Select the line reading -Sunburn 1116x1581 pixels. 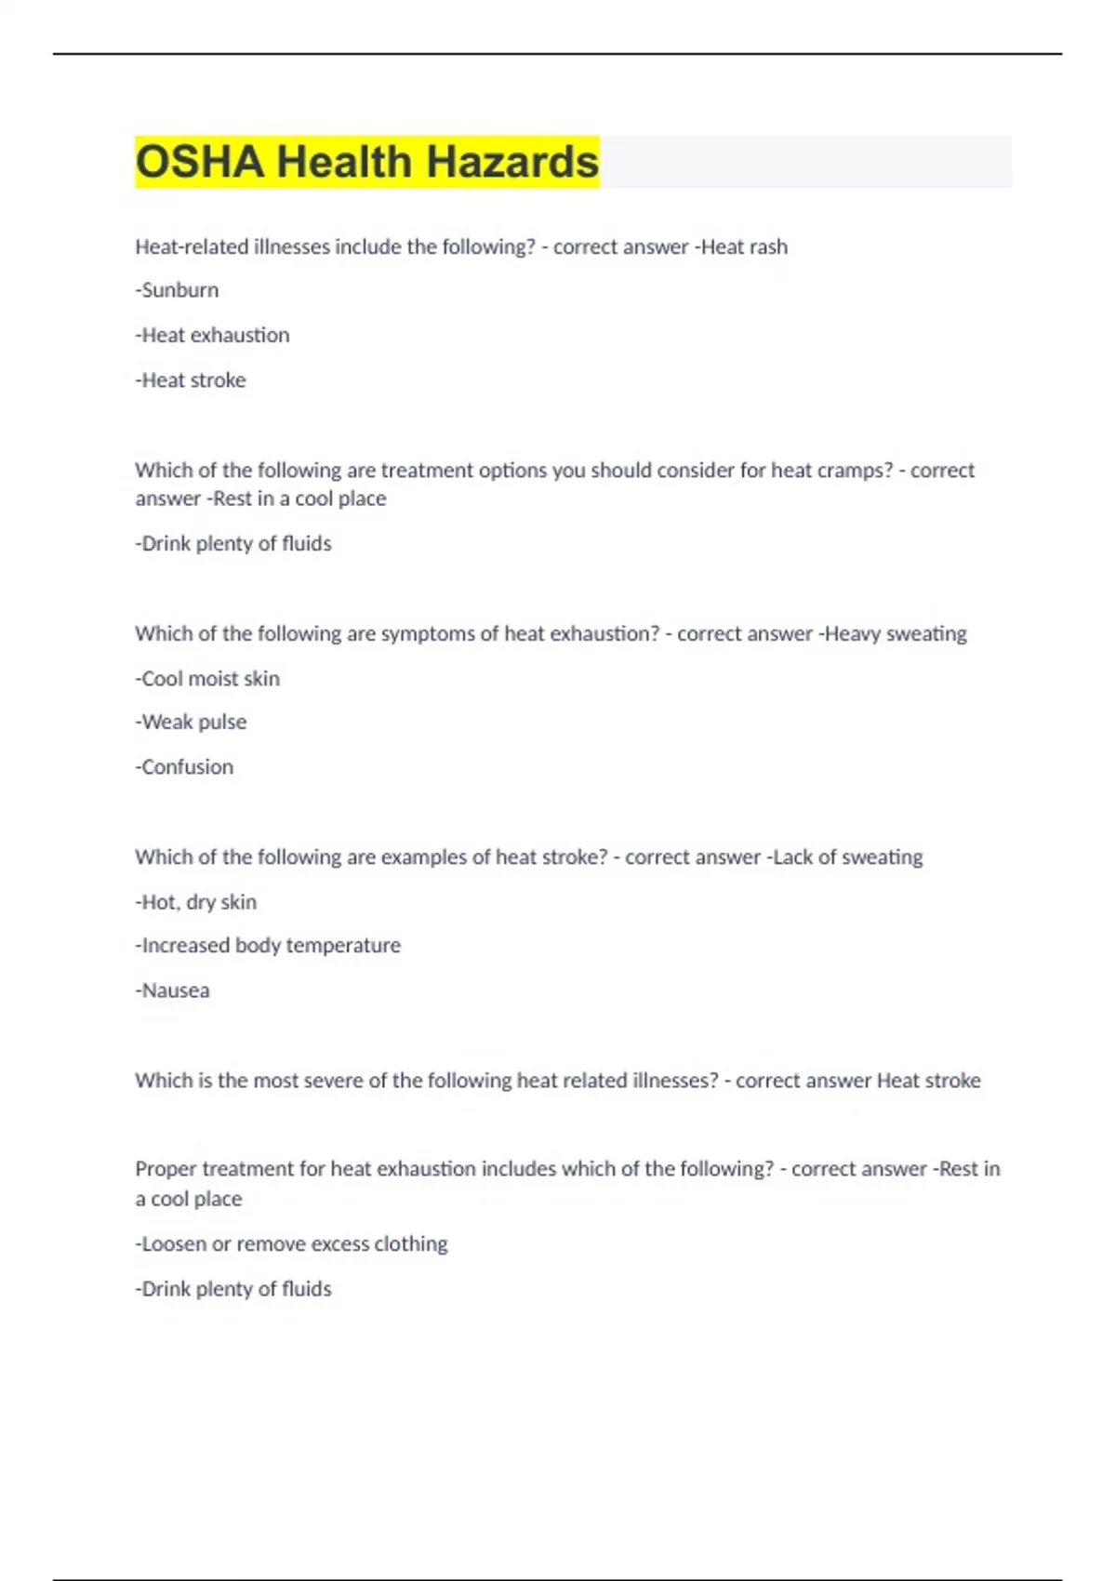(x=177, y=290)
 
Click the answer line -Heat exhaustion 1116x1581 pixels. (x=212, y=335)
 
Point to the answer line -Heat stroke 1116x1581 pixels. (x=191, y=380)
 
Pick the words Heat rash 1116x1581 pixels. (x=744, y=247)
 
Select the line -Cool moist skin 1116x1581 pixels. (x=207, y=679)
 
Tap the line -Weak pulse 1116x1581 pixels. (x=191, y=723)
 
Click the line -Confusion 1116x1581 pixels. (x=184, y=767)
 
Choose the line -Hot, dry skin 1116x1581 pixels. (x=195, y=902)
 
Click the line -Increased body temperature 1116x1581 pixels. (x=268, y=946)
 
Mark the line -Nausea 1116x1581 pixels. (x=172, y=990)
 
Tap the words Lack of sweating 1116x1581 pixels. (x=847, y=857)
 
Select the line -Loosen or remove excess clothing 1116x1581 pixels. (x=291, y=1244)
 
